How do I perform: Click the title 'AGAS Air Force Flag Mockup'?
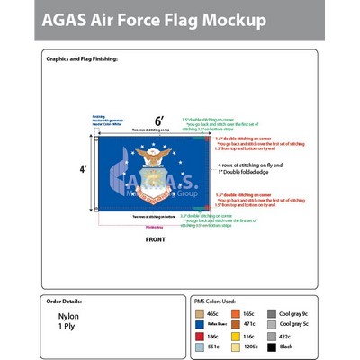(157, 20)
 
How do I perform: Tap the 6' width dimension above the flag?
(159, 120)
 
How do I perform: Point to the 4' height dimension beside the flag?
(84, 169)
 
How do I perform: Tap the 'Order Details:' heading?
(68, 302)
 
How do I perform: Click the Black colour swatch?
(272, 346)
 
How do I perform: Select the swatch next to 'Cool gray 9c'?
(272, 313)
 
